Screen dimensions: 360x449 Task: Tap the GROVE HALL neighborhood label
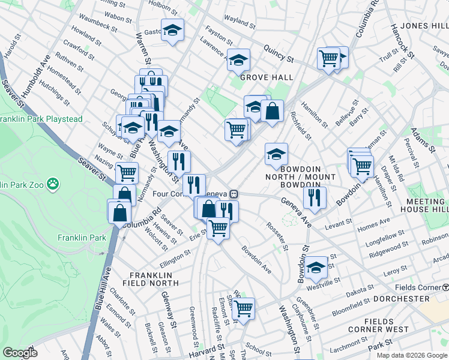[x=267, y=77]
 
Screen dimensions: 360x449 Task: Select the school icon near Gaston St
[x=173, y=31]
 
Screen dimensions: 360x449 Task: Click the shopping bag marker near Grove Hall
[x=272, y=111]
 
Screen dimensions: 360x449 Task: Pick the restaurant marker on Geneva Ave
[x=315, y=197]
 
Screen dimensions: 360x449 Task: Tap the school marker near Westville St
[x=315, y=268]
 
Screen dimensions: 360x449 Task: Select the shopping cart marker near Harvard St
[x=243, y=309]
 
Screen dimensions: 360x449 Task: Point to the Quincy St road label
[x=282, y=60]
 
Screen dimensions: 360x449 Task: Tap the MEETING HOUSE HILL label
[x=427, y=205]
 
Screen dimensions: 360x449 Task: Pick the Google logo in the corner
[x=19, y=353]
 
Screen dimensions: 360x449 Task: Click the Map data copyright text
[x=412, y=355]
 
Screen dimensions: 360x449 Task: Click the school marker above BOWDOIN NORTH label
[x=276, y=154]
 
